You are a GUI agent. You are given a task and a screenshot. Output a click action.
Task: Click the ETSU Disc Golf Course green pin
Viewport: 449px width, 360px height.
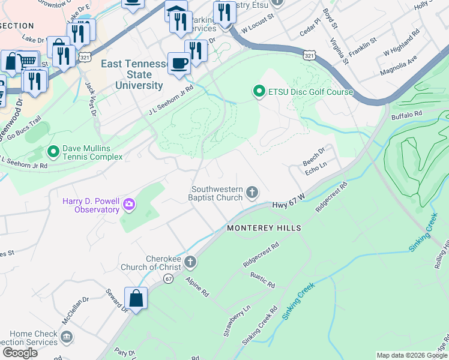point(259,92)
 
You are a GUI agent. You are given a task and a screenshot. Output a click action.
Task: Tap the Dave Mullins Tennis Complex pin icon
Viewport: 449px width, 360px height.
point(53,152)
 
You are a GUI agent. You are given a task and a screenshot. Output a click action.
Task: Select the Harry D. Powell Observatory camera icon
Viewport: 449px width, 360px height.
point(129,206)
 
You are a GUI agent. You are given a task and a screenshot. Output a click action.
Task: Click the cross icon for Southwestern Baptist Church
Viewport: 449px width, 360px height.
point(252,193)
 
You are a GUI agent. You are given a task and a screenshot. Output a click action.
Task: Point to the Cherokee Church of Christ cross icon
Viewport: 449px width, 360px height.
point(190,262)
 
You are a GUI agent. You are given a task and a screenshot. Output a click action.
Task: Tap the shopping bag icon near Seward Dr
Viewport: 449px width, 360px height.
point(136,298)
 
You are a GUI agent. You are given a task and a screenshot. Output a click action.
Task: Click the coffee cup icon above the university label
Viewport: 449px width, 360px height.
point(179,64)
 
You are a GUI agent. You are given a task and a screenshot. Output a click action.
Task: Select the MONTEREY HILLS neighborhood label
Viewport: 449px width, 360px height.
point(264,229)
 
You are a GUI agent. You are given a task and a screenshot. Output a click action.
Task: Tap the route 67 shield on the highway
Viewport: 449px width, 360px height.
point(169,278)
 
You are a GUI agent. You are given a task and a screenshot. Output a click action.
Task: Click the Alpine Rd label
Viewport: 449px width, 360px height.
point(197,287)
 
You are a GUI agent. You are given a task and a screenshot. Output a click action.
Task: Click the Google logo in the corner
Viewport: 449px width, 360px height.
point(20,352)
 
